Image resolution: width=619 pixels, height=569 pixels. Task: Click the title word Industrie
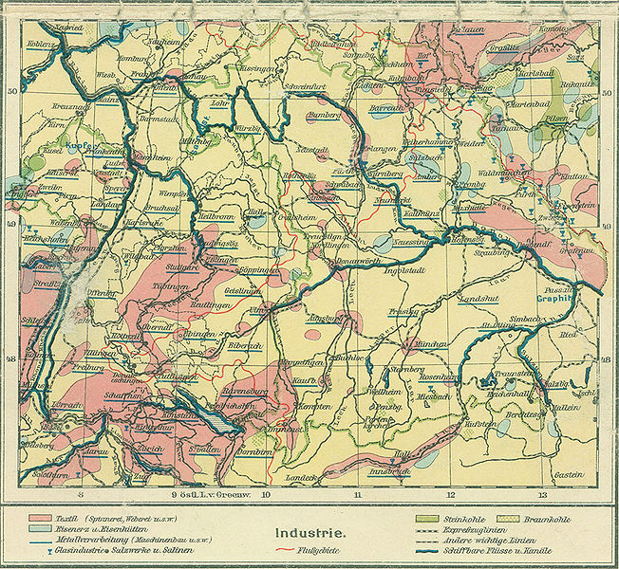pos(309,534)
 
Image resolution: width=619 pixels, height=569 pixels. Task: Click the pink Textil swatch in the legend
pos(41,519)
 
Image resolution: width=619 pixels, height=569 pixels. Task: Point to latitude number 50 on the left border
pos(12,91)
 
